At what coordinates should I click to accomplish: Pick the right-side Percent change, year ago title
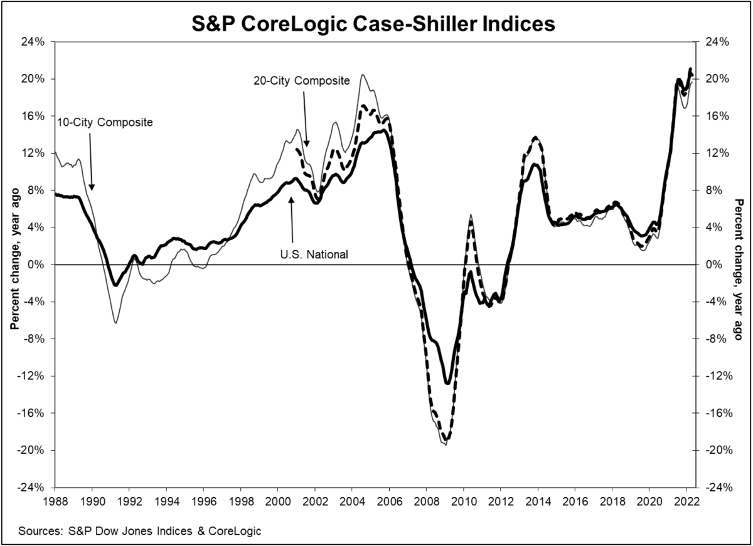pyautogui.click(x=739, y=265)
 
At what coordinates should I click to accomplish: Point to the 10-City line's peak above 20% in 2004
pyautogui.click(x=363, y=75)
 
